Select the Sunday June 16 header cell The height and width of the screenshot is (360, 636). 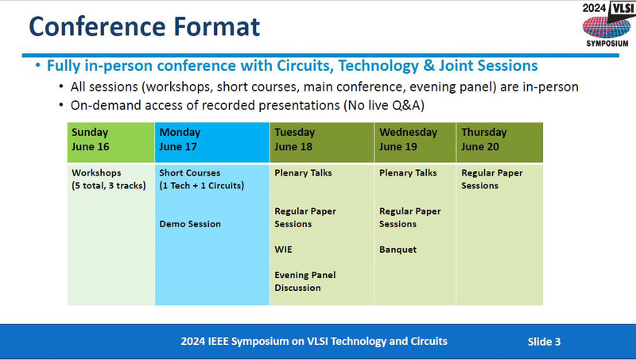tap(111, 139)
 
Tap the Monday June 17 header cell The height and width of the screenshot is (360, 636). tap(211, 139)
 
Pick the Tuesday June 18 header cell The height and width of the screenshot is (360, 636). tap(322, 139)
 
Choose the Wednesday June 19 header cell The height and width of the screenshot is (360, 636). tap(414, 139)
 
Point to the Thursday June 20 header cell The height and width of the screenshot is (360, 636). tap(498, 139)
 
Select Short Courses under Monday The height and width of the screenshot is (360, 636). tap(200, 179)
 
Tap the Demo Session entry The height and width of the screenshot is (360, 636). tap(190, 224)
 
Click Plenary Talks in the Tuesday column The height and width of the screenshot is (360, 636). tap(303, 172)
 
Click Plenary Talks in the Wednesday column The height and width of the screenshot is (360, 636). tap(408, 172)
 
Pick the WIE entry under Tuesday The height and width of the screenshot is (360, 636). tap(284, 250)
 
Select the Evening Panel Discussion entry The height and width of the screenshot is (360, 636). tap(305, 281)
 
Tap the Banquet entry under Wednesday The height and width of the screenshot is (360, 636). tap(397, 250)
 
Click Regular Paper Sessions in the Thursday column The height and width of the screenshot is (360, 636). tap(491, 179)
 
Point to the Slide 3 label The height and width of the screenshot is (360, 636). tap(545, 342)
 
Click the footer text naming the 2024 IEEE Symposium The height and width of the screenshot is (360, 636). tap(314, 342)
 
